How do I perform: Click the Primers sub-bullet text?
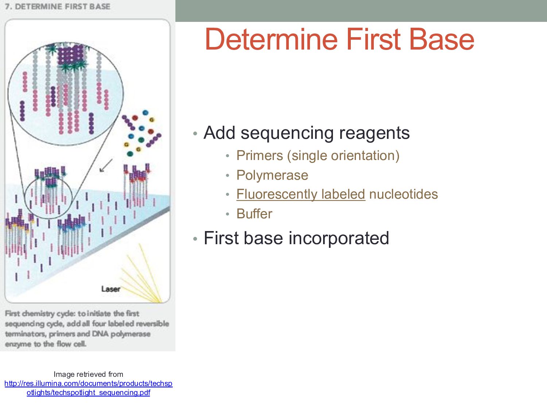click(259, 156)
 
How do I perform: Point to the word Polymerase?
click(272, 175)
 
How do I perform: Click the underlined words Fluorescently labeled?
click(300, 194)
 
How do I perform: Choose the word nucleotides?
click(403, 194)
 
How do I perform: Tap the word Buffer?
click(254, 214)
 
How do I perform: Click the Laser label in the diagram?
click(110, 289)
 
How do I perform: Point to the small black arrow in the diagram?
click(106, 166)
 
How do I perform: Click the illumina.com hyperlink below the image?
click(88, 388)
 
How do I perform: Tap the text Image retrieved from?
click(88, 374)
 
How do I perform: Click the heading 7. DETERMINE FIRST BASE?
click(58, 7)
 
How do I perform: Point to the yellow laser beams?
click(142, 273)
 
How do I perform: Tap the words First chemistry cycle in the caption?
click(40, 313)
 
